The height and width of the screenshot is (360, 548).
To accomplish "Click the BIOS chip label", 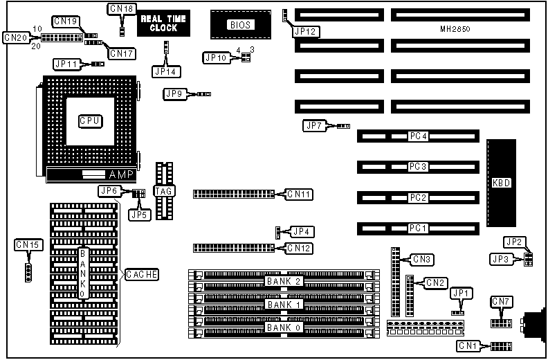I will [x=240, y=25].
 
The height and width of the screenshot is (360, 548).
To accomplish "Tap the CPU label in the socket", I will [x=91, y=121].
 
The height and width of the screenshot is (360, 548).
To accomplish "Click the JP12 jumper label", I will [x=306, y=31].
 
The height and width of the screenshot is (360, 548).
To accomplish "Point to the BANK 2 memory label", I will [x=283, y=280].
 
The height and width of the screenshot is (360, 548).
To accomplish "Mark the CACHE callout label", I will [x=142, y=275].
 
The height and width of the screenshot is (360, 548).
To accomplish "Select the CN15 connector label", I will [x=28, y=244].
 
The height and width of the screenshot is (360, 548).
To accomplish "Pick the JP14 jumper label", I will [x=165, y=71].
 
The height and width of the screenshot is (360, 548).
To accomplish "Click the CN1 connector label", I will [x=468, y=345].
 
